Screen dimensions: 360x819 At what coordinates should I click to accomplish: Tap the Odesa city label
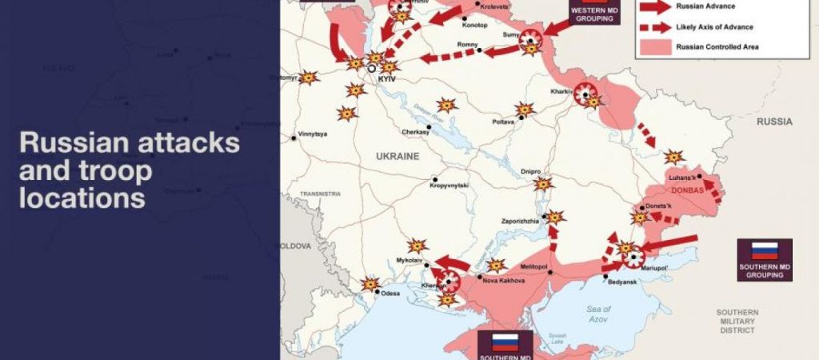point(390,294)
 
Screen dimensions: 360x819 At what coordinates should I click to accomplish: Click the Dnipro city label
point(531,171)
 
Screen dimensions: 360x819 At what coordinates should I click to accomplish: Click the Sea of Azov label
point(597,314)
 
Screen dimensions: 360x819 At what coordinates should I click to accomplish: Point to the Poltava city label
point(503,122)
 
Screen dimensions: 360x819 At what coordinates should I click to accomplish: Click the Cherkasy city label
point(415,133)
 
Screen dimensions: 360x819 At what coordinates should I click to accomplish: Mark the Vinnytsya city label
point(312,134)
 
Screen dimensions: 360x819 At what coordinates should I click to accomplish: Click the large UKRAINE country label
point(398,157)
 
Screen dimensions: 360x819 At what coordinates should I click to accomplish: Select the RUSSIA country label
point(774,122)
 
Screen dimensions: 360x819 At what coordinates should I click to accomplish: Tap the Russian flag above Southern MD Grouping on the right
point(765,250)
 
